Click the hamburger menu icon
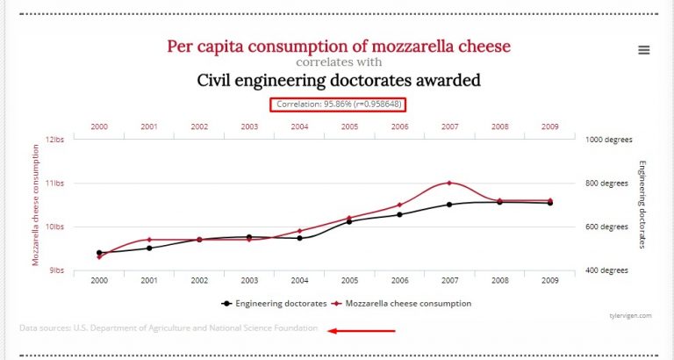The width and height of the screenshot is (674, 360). [644, 50]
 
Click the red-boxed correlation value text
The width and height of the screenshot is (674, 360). [338, 104]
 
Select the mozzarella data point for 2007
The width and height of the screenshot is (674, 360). [449, 183]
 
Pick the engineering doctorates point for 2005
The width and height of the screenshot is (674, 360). [349, 221]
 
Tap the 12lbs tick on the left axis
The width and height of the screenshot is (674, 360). [55, 140]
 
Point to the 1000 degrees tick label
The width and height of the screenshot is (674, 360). [609, 140]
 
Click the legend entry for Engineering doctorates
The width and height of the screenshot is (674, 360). [273, 303]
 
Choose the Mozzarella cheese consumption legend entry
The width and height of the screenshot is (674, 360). [405, 303]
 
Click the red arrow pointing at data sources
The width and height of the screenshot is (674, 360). [362, 331]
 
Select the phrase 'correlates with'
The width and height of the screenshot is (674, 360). [338, 62]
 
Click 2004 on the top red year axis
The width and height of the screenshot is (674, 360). [299, 126]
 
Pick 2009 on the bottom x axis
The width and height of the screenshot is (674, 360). [550, 281]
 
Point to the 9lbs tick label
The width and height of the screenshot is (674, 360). [57, 270]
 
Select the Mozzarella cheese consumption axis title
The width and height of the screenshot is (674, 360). [36, 204]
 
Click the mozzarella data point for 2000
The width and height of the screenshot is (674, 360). [99, 256]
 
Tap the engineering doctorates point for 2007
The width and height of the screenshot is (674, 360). [449, 205]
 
